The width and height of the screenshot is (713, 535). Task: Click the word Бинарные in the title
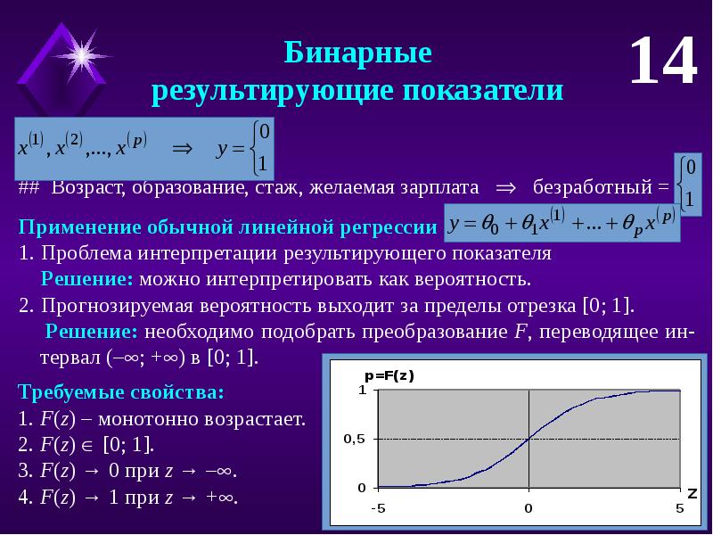pos(358,53)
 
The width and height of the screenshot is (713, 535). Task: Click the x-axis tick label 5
pos(679,509)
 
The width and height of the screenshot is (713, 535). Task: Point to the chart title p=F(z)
pos(389,375)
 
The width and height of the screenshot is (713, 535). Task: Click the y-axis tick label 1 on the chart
pos(362,390)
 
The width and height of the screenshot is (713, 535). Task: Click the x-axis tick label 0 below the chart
pos(529,509)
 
